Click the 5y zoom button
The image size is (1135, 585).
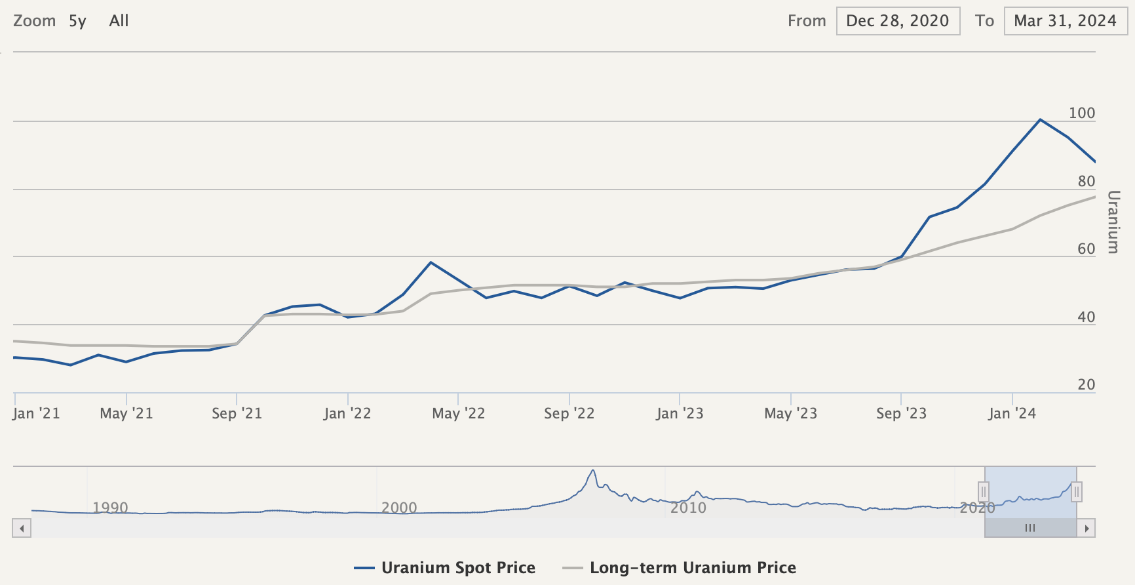tap(77, 21)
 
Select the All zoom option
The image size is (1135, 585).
tap(119, 21)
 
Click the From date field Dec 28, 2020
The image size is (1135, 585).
tap(898, 21)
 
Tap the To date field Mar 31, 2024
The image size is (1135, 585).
tap(1066, 21)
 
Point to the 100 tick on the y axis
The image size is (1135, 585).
tap(1082, 113)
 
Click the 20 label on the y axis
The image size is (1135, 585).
tap(1087, 384)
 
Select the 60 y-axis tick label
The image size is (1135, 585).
tap(1087, 249)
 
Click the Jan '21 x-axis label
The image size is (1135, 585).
tap(36, 413)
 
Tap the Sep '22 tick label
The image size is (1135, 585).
tap(569, 413)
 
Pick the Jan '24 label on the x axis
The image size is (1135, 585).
tap(1012, 413)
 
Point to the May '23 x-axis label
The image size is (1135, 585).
tap(790, 413)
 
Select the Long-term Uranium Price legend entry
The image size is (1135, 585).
tap(680, 568)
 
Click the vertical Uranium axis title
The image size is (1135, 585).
tap(1113, 222)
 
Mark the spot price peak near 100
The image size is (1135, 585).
tap(1040, 119)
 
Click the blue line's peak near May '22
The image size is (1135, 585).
tap(431, 262)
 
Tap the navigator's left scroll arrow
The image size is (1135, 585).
tap(22, 528)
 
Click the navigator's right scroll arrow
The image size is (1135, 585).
tap(1087, 528)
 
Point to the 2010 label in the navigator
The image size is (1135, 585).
tap(688, 508)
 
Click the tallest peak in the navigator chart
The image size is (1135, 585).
tap(593, 470)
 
